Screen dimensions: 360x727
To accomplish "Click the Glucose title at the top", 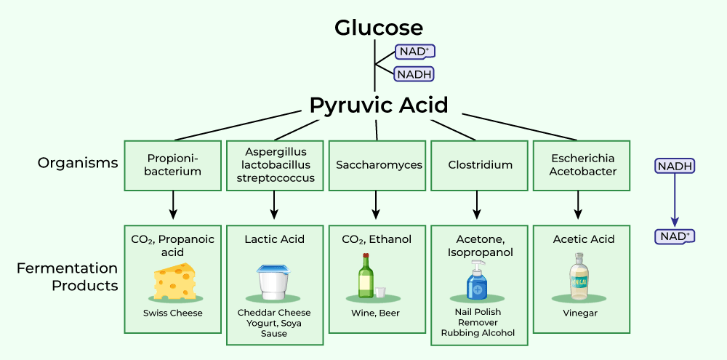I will (x=378, y=28).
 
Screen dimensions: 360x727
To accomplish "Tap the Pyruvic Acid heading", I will (x=378, y=105).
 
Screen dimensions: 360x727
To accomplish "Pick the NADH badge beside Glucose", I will (x=414, y=73).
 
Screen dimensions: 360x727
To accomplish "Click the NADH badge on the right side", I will (x=675, y=166).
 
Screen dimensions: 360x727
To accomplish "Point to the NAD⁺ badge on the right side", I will (x=675, y=236).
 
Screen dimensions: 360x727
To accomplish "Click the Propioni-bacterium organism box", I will (x=173, y=165).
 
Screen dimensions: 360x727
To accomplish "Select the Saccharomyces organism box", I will (x=379, y=165).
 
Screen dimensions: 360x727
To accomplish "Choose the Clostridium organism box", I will (x=480, y=165).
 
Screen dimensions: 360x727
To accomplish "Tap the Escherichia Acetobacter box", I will (x=582, y=165).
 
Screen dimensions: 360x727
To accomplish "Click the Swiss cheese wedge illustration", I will (x=174, y=281).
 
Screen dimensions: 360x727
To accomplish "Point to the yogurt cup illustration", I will (x=273, y=281).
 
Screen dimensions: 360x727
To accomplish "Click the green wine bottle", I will (x=366, y=277).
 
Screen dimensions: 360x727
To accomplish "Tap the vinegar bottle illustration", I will (x=579, y=277).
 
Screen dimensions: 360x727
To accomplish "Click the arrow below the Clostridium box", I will (x=478, y=205).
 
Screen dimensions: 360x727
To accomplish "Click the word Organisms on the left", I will (x=78, y=163).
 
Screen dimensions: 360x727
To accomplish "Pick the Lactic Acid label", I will (x=274, y=239).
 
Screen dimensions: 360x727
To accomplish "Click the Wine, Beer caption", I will (x=375, y=313).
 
